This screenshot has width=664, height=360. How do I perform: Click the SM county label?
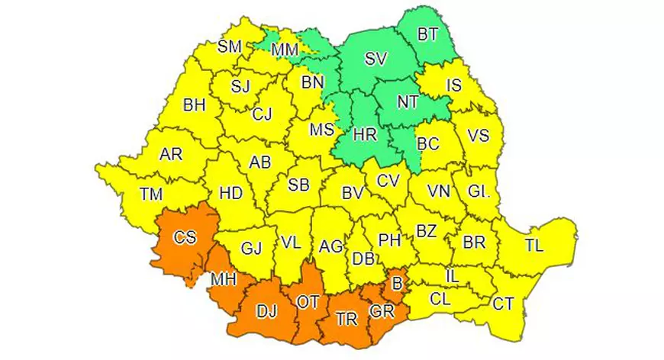(229, 46)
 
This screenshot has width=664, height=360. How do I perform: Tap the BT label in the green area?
(427, 34)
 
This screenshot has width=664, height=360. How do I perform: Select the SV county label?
(375, 59)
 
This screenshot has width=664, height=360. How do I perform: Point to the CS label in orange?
(184, 238)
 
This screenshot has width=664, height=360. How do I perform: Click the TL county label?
(534, 245)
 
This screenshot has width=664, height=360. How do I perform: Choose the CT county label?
(502, 304)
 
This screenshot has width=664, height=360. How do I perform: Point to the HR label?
(366, 134)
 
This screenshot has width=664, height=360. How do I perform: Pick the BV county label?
(351, 194)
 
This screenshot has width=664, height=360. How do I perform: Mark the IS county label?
(453, 85)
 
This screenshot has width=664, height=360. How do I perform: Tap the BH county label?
(194, 106)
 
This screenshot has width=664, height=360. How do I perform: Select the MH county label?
(224, 280)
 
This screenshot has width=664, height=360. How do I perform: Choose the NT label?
(408, 101)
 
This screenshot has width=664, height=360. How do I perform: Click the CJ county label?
(262, 115)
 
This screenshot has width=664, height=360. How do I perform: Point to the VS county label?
(478, 136)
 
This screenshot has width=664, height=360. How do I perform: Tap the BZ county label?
(426, 230)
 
